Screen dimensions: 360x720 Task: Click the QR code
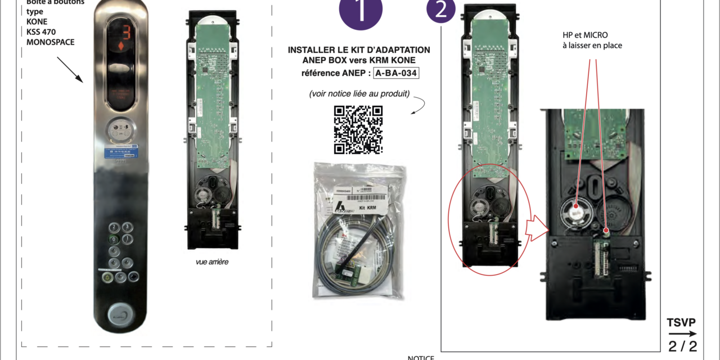click(358, 129)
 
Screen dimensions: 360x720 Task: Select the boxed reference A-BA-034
click(396, 73)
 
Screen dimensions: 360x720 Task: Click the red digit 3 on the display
click(126, 33)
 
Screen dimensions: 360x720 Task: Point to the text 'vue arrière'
click(212, 262)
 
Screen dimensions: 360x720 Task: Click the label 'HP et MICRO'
click(586, 35)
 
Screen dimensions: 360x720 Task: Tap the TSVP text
click(681, 323)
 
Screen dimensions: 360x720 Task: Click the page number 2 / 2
click(682, 346)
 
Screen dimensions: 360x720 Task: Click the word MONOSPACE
click(51, 42)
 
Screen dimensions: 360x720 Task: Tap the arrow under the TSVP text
click(682, 334)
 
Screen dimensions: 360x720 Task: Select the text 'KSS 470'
click(40, 32)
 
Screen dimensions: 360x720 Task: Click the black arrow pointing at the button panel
click(71, 70)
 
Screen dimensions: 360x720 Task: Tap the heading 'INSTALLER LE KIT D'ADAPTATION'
click(359, 50)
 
